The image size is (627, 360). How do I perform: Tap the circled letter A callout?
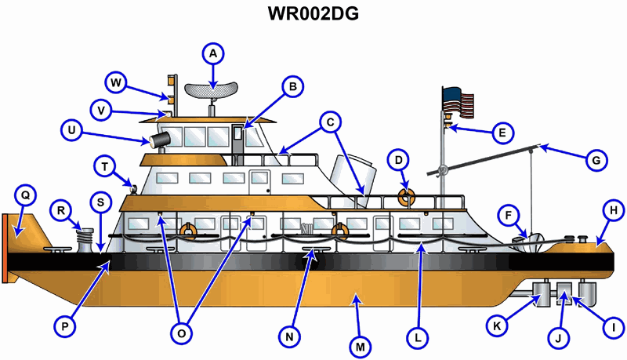point(212,53)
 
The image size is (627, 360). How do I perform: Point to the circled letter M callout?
point(361,344)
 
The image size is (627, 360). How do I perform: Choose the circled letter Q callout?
point(25,194)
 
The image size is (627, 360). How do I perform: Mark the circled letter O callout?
point(182,333)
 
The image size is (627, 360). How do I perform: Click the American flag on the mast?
point(458,103)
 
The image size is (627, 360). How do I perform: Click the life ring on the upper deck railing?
point(405,196)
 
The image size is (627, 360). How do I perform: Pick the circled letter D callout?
point(400,161)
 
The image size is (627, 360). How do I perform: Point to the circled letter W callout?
point(116,82)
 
